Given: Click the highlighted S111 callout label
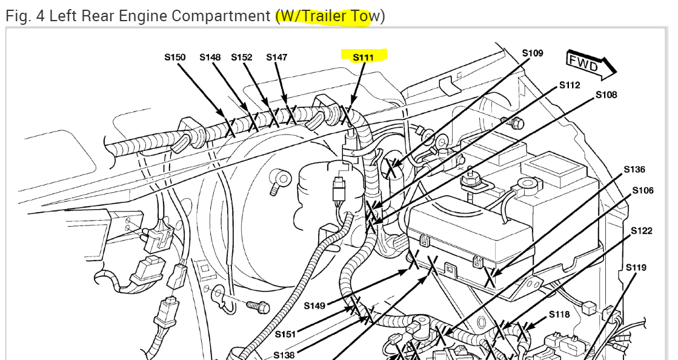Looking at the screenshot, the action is [x=363, y=58].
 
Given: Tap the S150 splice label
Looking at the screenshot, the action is [x=174, y=57].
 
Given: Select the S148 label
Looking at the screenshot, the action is [x=210, y=57].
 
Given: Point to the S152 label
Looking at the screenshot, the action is [x=241, y=57].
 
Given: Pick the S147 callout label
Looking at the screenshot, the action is [x=277, y=57].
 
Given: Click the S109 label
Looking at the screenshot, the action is [x=533, y=53].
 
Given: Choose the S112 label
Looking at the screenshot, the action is [x=570, y=85].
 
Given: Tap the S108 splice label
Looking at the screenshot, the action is [x=607, y=95].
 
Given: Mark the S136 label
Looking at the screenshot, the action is [x=634, y=169].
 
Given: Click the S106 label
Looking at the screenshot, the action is [x=643, y=190].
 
